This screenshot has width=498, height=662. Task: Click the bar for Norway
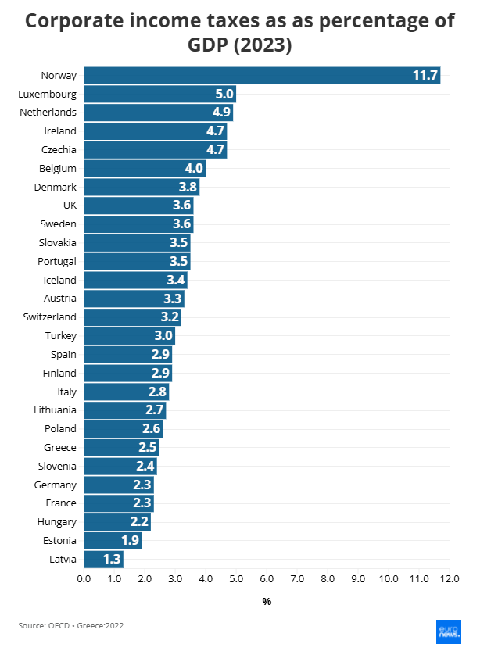pyautogui.click(x=262, y=76)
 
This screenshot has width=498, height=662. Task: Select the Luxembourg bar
pyautogui.click(x=159, y=95)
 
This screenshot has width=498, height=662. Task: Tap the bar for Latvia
pyautogui.click(x=103, y=559)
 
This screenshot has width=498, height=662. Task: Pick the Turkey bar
pyautogui.click(x=129, y=336)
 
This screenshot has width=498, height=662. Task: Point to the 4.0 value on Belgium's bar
pyautogui.click(x=194, y=169)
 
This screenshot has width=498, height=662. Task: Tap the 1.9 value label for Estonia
pyautogui.click(x=130, y=541)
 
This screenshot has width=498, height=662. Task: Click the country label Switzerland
pyautogui.click(x=50, y=317)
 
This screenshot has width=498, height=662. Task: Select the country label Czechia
pyautogui.click(x=59, y=150)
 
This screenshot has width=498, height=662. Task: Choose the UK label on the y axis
pyautogui.click(x=70, y=206)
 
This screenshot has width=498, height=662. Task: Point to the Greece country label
pyautogui.click(x=60, y=448)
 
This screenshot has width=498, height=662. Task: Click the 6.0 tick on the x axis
pyautogui.click(x=267, y=579)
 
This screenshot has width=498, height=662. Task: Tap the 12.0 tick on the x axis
pyautogui.click(x=450, y=579)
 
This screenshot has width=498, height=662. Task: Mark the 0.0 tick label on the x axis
pyautogui.click(x=84, y=579)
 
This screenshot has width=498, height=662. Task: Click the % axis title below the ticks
pyautogui.click(x=267, y=602)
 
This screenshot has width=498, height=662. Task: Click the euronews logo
pyautogui.click(x=448, y=632)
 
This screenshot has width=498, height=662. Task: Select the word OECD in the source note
pyautogui.click(x=60, y=625)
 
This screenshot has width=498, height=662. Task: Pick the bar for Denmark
pyautogui.click(x=142, y=188)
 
